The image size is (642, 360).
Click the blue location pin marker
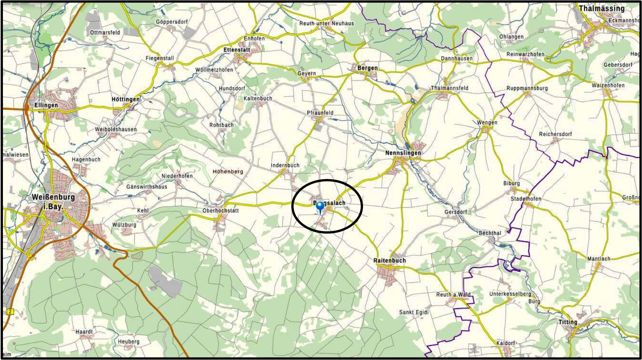320,207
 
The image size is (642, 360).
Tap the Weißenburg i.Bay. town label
53,201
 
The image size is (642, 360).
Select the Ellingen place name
46,105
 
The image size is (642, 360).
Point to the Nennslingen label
403,153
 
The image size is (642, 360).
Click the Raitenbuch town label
389,261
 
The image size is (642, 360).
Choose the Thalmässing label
602,8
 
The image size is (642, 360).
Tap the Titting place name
568,322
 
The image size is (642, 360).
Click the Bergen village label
367,68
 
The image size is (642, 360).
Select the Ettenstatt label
237,50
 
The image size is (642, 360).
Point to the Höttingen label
126,99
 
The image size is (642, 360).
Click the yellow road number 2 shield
10,312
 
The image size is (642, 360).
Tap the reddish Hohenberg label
228,172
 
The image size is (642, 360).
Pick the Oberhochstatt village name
221,211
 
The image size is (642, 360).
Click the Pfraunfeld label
320,113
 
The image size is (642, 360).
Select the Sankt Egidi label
414,312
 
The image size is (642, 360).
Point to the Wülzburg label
124,225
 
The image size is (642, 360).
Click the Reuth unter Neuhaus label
327,23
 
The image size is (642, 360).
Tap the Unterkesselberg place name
510,294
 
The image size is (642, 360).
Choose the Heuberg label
129,342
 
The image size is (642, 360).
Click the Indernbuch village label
285,165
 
